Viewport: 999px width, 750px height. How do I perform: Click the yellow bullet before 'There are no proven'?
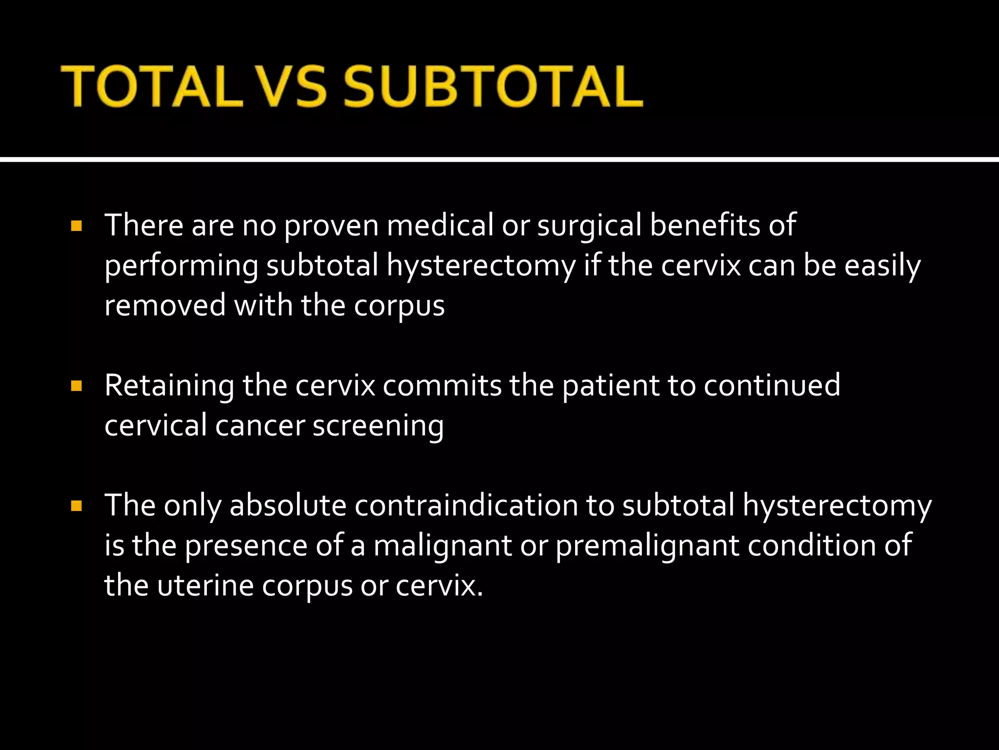[x=76, y=227]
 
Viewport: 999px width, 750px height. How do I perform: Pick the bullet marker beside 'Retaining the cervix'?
[x=76, y=387]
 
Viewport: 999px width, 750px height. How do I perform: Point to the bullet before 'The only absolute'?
[x=76, y=506]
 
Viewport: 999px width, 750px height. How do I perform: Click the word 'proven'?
[x=331, y=226]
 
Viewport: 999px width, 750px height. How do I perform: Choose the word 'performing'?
[x=181, y=267]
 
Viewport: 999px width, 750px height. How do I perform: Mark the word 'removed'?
[x=165, y=306]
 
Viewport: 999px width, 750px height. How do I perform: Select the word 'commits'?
[x=442, y=386]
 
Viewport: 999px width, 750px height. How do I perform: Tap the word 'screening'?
[x=378, y=426]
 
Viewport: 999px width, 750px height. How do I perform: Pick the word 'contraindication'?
[x=466, y=505]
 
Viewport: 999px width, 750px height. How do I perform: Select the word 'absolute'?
[x=288, y=505]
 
